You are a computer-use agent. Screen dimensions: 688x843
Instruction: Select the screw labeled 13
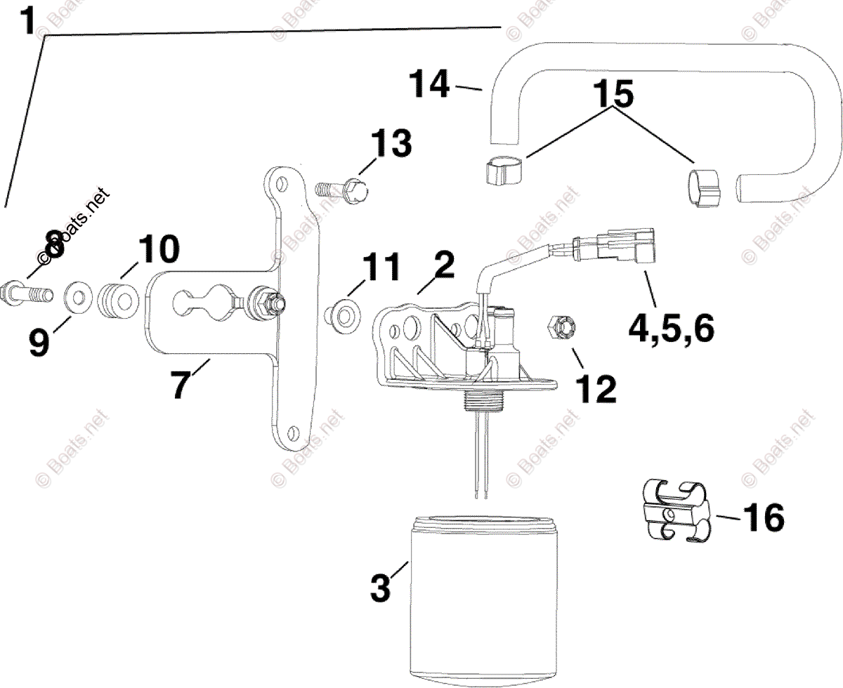click(342, 189)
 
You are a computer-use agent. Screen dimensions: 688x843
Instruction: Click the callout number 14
click(429, 85)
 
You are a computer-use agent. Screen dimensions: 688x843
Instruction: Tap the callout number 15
click(614, 93)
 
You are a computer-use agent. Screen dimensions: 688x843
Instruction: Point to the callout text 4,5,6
click(669, 327)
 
